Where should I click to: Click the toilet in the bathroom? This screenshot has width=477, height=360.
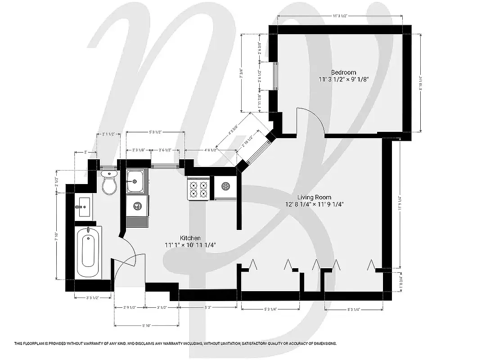click(109, 182)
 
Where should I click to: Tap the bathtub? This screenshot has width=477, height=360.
click(88, 252)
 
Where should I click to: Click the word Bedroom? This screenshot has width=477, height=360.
click(343, 72)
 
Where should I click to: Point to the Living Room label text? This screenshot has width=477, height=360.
click(314, 197)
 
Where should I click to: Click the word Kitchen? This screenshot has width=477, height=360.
click(190, 238)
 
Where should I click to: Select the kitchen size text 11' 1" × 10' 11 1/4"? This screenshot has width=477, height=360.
click(191, 245)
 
